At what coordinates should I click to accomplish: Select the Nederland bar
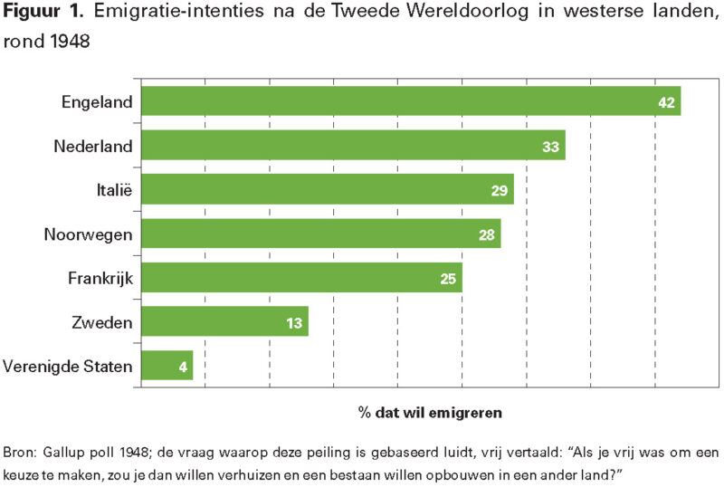pyautogui.click(x=353, y=145)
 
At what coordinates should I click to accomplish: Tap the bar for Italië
pyautogui.click(x=327, y=189)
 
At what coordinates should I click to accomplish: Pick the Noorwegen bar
pyautogui.click(x=320, y=234)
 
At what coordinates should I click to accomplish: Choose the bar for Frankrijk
pyautogui.click(x=301, y=278)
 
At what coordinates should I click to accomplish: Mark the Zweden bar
pyautogui.click(x=224, y=321)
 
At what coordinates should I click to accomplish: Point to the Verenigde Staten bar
pyautogui.click(x=167, y=366)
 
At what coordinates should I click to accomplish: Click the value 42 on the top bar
pyautogui.click(x=667, y=102)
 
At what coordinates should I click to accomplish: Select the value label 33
pyautogui.click(x=551, y=146)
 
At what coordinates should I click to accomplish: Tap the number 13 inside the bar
pyautogui.click(x=294, y=322)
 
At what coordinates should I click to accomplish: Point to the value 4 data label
pyautogui.click(x=183, y=367)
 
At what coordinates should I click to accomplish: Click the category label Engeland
pyautogui.click(x=97, y=101)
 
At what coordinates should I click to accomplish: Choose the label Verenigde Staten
pyautogui.click(x=68, y=366)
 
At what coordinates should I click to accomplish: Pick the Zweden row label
pyautogui.click(x=102, y=321)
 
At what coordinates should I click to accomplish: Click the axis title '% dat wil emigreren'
pyautogui.click(x=429, y=412)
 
